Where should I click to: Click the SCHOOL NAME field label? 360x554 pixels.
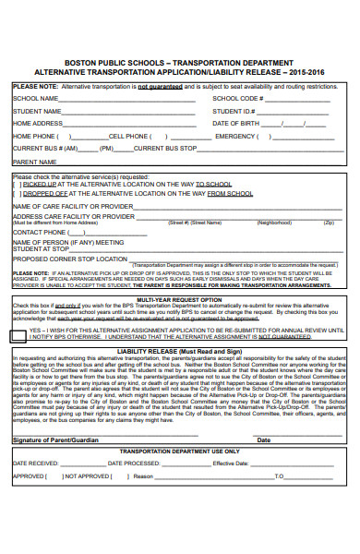34,98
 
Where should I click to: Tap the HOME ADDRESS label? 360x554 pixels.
37,123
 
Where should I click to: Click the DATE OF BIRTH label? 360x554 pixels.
239,123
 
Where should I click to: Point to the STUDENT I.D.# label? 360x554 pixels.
235,111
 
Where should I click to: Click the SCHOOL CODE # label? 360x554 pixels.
239,98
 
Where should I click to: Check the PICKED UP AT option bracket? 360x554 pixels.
17,184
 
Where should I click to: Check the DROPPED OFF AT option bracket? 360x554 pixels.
17,194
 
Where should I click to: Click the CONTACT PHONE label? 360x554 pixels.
40,233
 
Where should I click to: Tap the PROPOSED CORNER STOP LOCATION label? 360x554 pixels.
69,259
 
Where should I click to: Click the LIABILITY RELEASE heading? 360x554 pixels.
179,352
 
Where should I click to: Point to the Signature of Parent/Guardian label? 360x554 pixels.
54,440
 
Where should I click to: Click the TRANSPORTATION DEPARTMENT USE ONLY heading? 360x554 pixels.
179,451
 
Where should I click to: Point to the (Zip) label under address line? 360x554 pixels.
328,223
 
